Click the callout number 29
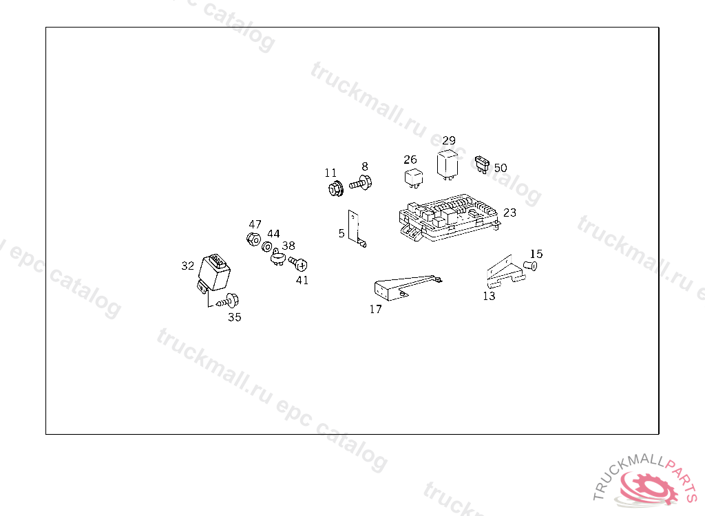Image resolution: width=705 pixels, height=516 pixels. pyautogui.click(x=449, y=140)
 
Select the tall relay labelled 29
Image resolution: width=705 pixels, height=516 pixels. pyautogui.click(x=448, y=164)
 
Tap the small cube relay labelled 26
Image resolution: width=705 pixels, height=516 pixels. pyautogui.click(x=414, y=178)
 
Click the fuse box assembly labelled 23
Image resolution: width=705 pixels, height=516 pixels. pyautogui.click(x=449, y=217)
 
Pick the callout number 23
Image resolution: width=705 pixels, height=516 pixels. pyautogui.click(x=509, y=213)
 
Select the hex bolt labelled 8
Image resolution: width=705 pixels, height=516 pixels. pyautogui.click(x=361, y=183)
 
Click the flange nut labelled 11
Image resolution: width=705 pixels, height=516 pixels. pyautogui.click(x=335, y=188)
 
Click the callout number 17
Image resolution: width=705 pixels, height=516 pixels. pyautogui.click(x=375, y=309)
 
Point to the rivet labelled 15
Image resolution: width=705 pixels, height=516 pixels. pyautogui.click(x=531, y=266)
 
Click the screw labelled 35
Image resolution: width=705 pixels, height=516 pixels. pyautogui.click(x=229, y=301)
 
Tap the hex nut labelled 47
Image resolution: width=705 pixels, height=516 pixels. pyautogui.click(x=253, y=239)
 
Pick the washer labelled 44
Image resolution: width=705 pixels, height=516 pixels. pyautogui.click(x=266, y=247)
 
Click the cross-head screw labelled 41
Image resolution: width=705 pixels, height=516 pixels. pyautogui.click(x=298, y=264)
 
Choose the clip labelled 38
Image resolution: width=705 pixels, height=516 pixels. pyautogui.click(x=278, y=257)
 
